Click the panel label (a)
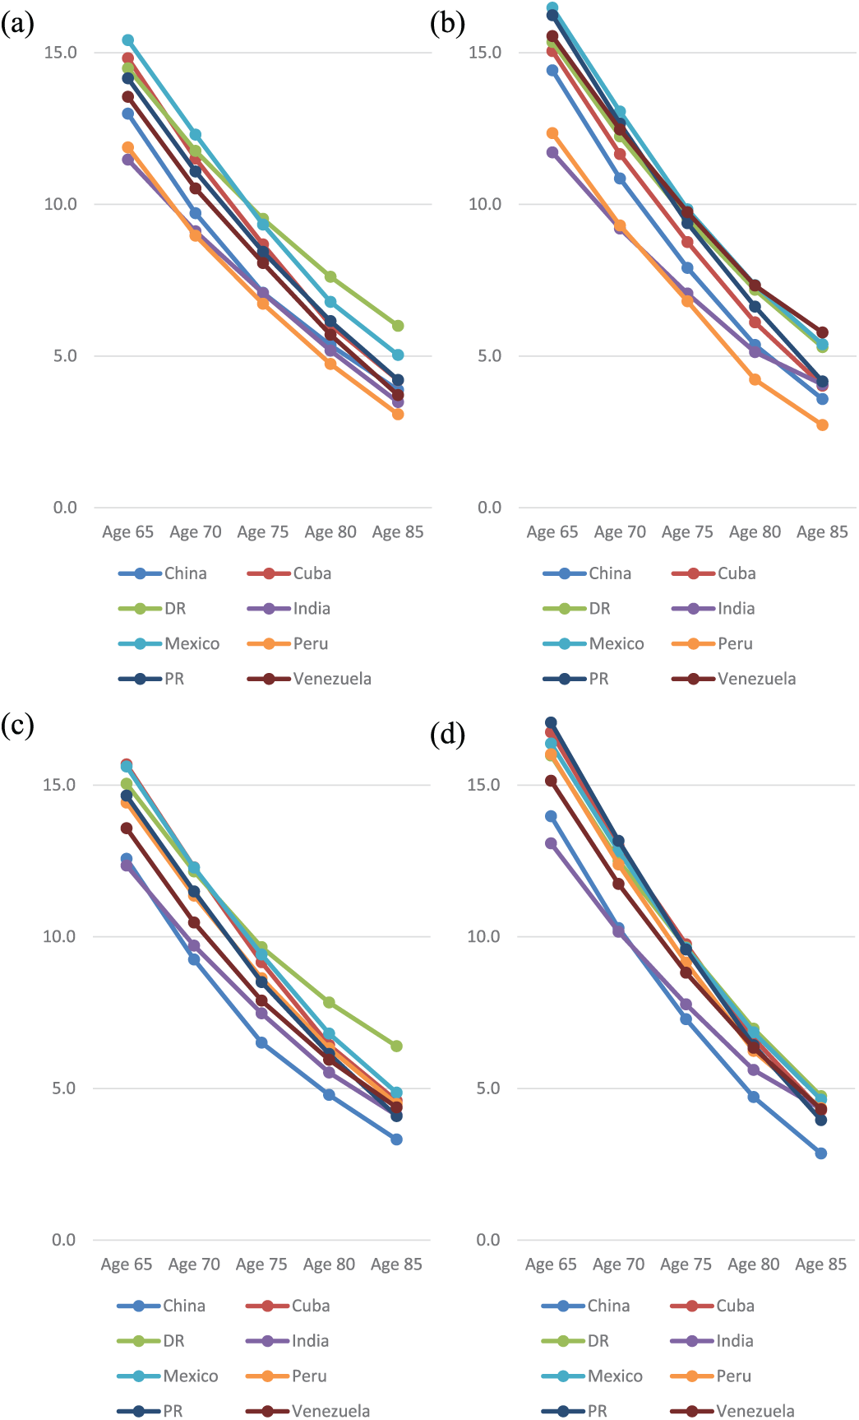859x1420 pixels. [18, 25]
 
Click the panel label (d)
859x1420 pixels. [447, 734]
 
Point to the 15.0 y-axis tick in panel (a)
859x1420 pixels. [60, 53]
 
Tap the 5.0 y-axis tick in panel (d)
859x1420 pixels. [488, 1088]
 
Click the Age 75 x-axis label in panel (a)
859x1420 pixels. [263, 532]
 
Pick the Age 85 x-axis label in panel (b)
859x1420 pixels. [822, 532]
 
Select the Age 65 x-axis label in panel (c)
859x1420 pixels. [127, 1265]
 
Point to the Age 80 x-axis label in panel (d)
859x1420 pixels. [753, 1265]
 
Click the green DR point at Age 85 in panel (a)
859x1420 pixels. [398, 326]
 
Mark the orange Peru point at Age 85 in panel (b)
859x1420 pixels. [822, 425]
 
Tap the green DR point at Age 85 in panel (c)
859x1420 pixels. [396, 1046]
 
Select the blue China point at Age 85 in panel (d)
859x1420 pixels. [820, 1153]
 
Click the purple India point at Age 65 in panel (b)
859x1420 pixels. [552, 152]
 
